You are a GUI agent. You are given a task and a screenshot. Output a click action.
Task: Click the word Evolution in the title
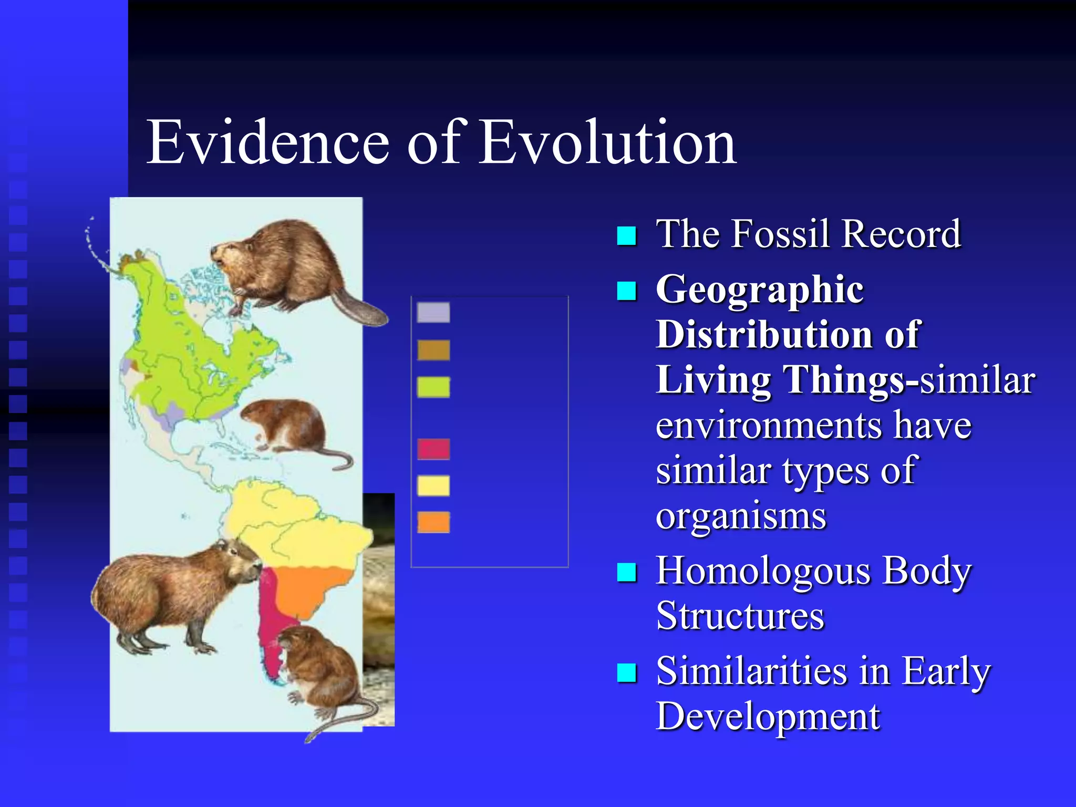(608, 142)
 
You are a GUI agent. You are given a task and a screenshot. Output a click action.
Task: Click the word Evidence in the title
(267, 142)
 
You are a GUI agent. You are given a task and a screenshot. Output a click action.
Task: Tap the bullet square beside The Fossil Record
(626, 236)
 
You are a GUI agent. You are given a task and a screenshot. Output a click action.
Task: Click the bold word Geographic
(759, 290)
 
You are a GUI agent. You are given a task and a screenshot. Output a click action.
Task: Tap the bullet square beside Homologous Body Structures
(626, 572)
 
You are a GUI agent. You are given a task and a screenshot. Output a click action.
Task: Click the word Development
(768, 716)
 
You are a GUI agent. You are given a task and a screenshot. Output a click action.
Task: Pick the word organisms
(741, 516)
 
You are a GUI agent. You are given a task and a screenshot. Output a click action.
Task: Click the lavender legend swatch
(433, 313)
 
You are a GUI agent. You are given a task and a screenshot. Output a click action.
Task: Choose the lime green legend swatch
(433, 387)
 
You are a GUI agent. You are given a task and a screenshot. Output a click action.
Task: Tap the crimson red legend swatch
(433, 449)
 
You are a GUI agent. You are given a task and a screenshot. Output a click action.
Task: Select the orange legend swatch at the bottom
(433, 522)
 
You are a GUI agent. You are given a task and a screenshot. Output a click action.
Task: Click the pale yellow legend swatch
(433, 485)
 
